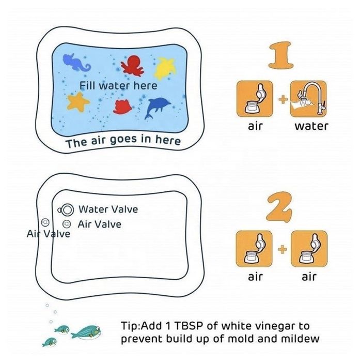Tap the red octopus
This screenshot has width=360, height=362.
132,65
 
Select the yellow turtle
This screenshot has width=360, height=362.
165,68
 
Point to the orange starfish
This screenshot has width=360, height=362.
78,102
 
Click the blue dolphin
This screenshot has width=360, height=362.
157,108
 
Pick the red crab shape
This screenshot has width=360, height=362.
122,107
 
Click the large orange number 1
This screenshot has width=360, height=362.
280,55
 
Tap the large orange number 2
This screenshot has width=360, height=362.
279,208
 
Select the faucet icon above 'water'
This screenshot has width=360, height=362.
308,99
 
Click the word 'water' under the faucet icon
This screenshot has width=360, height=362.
311,126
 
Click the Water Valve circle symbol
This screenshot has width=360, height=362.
66,210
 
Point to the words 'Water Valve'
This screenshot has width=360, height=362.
108,209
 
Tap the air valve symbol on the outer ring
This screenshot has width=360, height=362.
45,222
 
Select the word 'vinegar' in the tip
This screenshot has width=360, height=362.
268,327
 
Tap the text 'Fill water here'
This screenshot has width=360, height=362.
118,86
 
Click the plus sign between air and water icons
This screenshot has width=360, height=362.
283,99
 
